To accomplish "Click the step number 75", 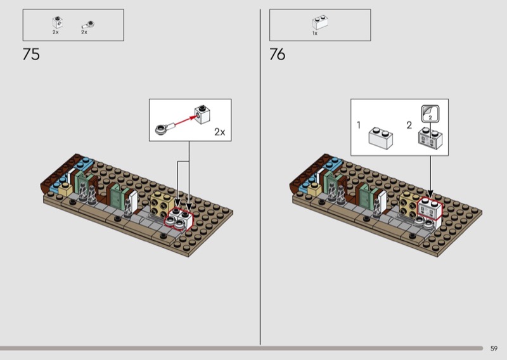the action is coord(31,54).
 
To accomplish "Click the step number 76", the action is coord(278,54).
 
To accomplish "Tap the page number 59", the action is coord(494,349).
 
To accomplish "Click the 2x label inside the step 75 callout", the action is coord(219,132).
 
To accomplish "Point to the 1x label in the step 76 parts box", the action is coord(314,34).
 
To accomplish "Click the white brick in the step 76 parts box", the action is coord(321,22).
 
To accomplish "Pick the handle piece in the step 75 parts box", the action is coord(88,25).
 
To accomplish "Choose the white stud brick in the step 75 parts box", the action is coord(58,22).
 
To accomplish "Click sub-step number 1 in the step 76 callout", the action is coord(358,125).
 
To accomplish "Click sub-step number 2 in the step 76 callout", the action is coord(409,125).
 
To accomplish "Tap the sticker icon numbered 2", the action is coord(430,114).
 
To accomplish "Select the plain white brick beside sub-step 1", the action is coord(381,138).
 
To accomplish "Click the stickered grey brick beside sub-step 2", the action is coord(430,138).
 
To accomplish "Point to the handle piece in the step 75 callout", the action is coord(165,128).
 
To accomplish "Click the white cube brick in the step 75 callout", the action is coord(202,115).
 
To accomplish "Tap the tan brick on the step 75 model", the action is coord(162,204).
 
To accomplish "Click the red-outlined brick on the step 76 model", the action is coord(430,209).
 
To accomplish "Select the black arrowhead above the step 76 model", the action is coord(430,193).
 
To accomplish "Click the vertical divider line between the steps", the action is coord(260,177).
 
